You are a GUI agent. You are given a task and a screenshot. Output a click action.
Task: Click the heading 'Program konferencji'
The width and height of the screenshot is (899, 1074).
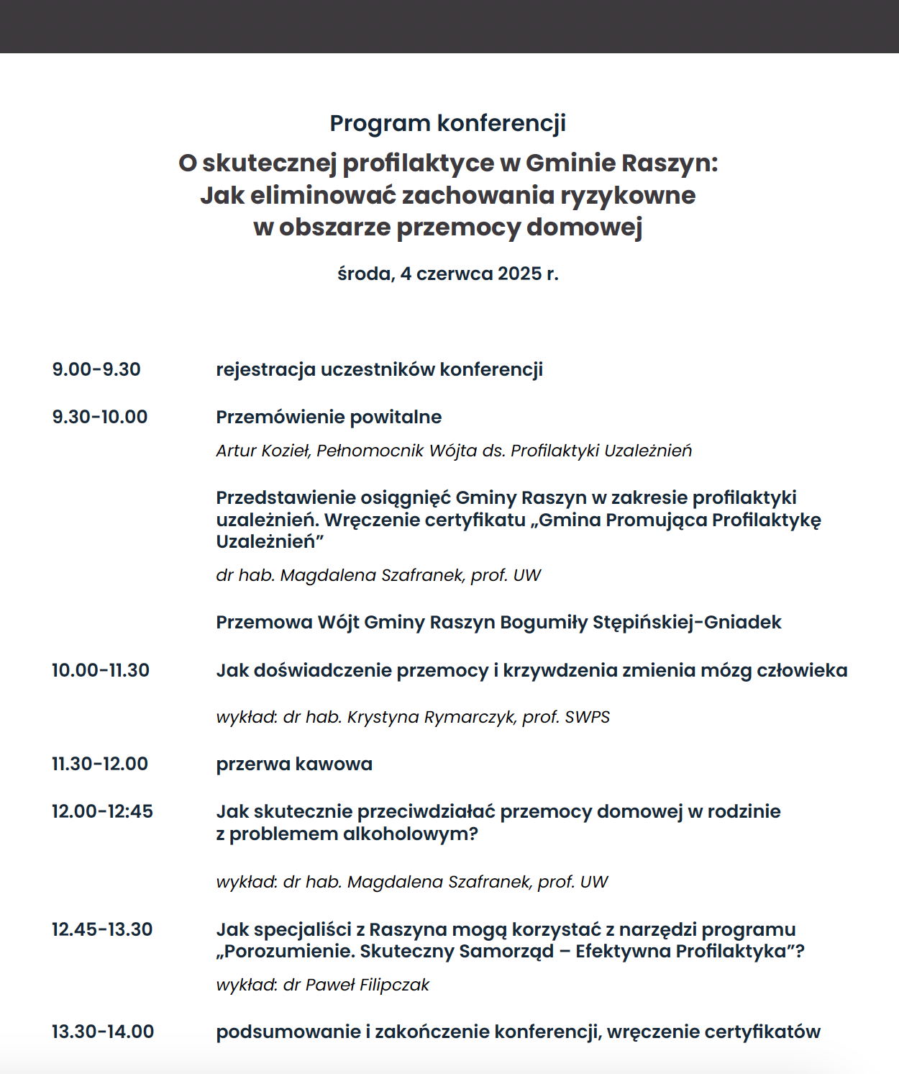coord(447,123)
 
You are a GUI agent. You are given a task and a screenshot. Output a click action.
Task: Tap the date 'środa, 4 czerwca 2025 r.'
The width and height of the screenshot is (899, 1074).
coord(447,274)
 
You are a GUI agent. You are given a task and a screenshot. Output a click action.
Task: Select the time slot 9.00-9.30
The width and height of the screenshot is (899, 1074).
coord(96,370)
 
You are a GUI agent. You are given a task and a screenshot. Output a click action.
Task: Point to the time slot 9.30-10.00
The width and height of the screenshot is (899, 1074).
coord(100,418)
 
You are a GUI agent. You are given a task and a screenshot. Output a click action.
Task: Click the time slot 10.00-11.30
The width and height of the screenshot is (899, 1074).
coord(101,671)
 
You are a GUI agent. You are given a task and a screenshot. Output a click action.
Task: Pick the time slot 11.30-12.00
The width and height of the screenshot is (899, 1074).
coord(100,764)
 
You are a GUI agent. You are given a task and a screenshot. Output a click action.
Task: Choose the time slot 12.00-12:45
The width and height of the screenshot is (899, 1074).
coord(102,812)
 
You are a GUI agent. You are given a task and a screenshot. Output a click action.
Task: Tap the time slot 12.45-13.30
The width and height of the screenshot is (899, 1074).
coord(102,930)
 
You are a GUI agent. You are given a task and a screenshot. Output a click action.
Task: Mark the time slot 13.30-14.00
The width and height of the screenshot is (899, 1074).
coord(103,1032)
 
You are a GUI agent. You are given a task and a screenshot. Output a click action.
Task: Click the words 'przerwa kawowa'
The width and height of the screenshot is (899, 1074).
coord(294,764)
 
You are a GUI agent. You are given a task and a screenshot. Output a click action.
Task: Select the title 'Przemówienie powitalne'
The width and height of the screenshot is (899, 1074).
coord(329,418)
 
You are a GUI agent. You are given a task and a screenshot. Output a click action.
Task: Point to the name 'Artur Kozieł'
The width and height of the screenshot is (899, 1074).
coord(263,451)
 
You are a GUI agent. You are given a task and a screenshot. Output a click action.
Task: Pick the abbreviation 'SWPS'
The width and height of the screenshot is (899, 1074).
coord(587,718)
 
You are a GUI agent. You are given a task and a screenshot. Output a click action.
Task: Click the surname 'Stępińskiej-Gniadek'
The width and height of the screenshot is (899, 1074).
coord(687,623)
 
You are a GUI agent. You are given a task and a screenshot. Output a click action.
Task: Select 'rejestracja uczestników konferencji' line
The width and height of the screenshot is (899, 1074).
coord(379,370)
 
